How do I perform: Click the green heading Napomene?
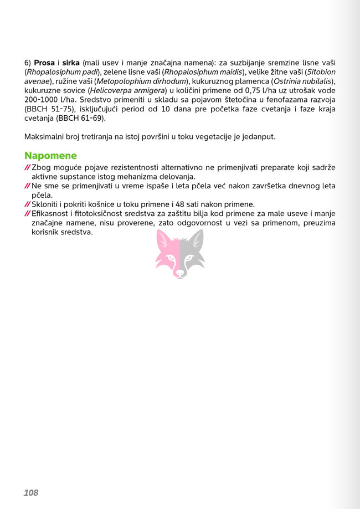click(50, 156)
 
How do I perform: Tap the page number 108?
click(31, 492)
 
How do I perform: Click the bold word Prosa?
click(44, 63)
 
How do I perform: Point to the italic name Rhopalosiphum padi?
click(61, 72)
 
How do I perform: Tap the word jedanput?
click(259, 136)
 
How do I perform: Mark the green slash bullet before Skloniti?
click(27, 204)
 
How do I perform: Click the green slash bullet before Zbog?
click(27, 167)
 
